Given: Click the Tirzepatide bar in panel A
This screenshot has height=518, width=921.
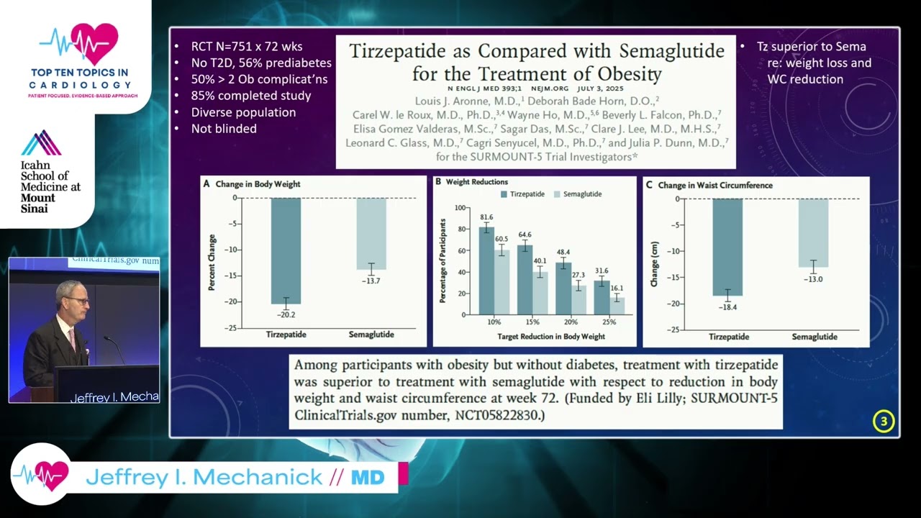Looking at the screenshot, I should (x=286, y=250).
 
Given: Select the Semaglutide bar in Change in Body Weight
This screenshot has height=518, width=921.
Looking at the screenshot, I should (x=371, y=233).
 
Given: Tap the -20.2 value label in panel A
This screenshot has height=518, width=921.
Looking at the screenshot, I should (x=286, y=314).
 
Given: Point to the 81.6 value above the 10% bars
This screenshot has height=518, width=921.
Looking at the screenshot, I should (x=487, y=217).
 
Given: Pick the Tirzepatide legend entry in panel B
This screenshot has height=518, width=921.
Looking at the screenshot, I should (x=530, y=194).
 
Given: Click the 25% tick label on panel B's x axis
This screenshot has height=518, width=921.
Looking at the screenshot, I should (x=609, y=322).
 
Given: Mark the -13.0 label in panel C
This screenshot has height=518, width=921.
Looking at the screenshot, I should (x=813, y=279).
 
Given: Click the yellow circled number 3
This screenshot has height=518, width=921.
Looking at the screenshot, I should (x=884, y=422).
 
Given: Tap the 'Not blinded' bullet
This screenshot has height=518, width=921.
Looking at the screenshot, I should (x=223, y=129).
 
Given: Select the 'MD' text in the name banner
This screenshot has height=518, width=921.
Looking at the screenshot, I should (x=367, y=477).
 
